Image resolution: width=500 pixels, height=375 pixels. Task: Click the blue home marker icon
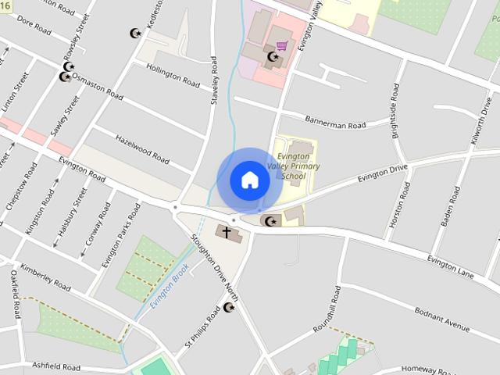pyautogui.click(x=249, y=180)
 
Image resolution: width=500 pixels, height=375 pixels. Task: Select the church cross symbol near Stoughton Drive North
pyautogui.click(x=227, y=232)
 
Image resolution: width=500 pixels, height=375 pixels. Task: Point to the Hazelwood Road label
pyautogui.click(x=142, y=149)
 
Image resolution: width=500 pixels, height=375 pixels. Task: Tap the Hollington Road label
pyautogui.click(x=173, y=77)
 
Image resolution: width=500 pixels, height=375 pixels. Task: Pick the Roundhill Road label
pyautogui.click(x=327, y=309)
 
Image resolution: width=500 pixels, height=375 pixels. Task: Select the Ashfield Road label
pyautogui.click(x=56, y=366)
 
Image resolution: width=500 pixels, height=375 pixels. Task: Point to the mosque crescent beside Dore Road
pyautogui.click(x=135, y=34)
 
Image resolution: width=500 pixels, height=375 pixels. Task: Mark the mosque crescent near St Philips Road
pyautogui.click(x=229, y=308)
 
